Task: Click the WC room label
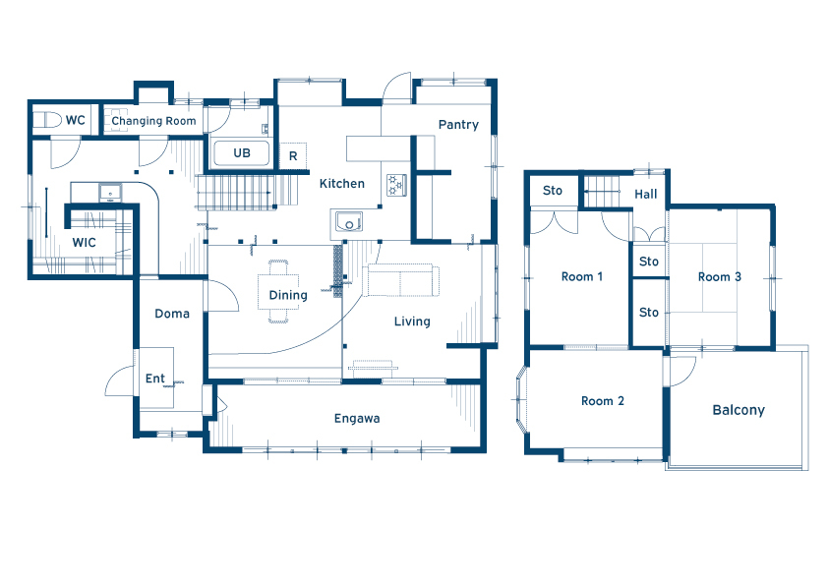75,120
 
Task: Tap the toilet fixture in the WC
47,120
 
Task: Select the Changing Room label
153,121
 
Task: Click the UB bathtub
241,153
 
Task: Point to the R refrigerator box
293,155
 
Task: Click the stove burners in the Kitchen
396,185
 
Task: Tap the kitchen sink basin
349,222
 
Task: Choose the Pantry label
458,125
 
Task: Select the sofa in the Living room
401,280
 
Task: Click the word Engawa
357,419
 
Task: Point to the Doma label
172,314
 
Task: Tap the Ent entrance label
155,379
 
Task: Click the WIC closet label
84,242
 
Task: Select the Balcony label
739,410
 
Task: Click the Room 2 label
603,401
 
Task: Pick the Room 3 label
720,276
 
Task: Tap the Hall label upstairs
646,195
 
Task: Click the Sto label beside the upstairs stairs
553,191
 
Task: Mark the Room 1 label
582,276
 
